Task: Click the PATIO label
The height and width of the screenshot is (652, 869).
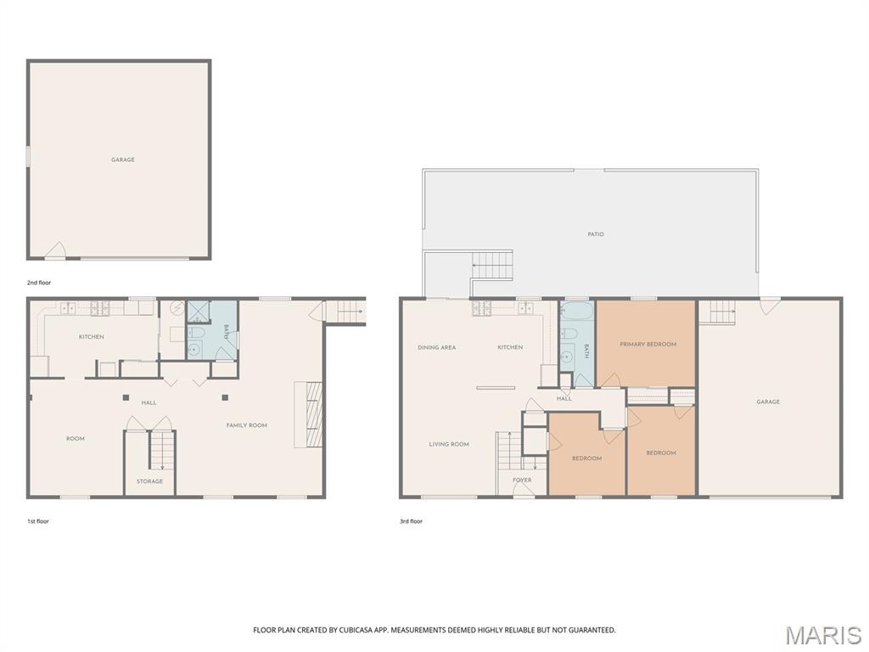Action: click(x=596, y=234)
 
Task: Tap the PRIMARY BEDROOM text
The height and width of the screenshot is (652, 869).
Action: click(x=648, y=345)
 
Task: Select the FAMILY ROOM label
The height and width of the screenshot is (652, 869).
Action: click(x=247, y=425)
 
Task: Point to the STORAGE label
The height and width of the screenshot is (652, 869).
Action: click(x=149, y=481)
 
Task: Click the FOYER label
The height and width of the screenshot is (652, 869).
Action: click(x=522, y=481)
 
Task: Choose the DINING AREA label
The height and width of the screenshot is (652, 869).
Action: click(x=437, y=347)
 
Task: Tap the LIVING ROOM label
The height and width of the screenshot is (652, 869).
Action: click(x=449, y=444)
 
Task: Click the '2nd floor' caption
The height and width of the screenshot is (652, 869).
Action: click(x=39, y=283)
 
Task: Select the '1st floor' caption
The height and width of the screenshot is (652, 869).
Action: click(x=38, y=521)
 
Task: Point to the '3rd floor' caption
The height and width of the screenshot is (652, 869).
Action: click(x=412, y=521)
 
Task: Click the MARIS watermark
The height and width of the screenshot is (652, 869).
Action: click(x=822, y=635)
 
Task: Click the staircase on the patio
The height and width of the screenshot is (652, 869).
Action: click(x=491, y=265)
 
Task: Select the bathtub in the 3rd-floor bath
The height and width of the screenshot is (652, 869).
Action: click(x=577, y=313)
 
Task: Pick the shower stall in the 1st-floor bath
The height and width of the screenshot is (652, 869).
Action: click(x=198, y=312)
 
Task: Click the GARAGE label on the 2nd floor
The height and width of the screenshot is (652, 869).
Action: click(x=123, y=160)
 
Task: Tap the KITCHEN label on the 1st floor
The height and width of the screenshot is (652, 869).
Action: click(x=92, y=337)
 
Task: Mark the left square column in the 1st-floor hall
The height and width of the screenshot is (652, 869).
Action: click(x=126, y=397)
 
